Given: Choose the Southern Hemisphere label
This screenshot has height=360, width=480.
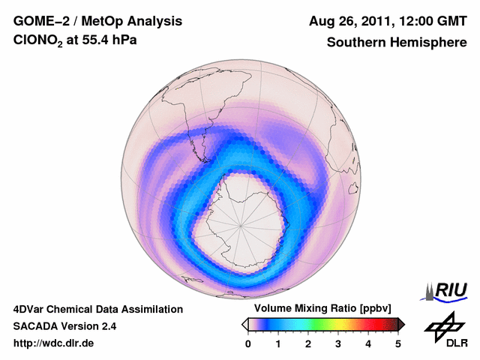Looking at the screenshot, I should [397, 43].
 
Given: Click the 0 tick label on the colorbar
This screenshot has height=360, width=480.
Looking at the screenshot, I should [248, 343].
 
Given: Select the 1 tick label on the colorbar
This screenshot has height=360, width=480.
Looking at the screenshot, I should [278, 343].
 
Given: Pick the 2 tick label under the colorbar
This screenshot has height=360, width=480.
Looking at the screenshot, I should [308, 343].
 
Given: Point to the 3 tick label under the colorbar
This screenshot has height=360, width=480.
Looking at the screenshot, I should [338, 343].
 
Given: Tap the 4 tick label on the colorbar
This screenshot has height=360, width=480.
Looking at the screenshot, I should [368, 343].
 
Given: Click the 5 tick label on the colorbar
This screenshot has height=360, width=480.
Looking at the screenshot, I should [398, 343].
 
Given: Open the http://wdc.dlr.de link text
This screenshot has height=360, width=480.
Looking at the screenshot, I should [54, 343].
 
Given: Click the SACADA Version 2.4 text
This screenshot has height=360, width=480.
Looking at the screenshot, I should [64, 326].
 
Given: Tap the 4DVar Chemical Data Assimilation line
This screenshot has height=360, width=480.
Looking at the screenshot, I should [97, 309].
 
